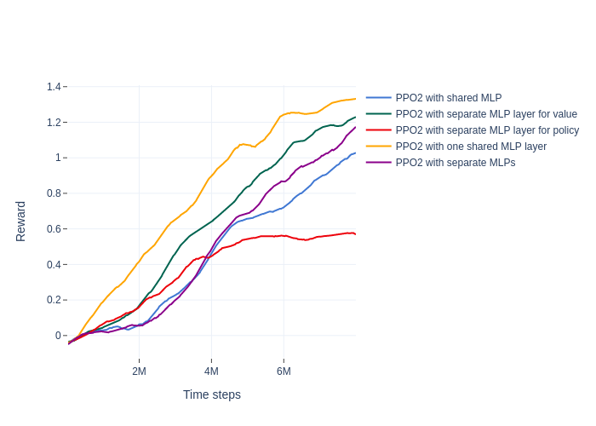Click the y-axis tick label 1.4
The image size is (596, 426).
point(54,87)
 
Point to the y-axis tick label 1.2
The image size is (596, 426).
point(54,123)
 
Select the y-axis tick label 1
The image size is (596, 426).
point(58,158)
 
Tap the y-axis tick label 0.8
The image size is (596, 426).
point(54,193)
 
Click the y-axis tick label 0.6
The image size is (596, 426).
point(54,229)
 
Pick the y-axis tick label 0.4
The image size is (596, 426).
point(54,264)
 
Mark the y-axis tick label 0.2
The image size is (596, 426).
point(54,300)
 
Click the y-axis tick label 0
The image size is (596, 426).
point(58,336)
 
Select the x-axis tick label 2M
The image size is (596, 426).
point(139,371)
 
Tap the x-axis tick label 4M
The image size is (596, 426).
point(211,371)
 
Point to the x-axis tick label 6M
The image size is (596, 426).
point(284,371)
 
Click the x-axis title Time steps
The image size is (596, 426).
point(212,394)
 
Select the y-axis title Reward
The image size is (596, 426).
point(21,222)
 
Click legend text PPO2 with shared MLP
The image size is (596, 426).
point(449,98)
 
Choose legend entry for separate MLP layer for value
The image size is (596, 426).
point(486,114)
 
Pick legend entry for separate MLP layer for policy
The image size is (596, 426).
point(487,130)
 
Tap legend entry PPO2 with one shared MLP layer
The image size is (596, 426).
point(471,147)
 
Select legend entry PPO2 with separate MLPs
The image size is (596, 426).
point(456,163)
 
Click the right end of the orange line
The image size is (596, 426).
point(355,99)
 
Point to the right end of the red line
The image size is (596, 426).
point(355,233)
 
